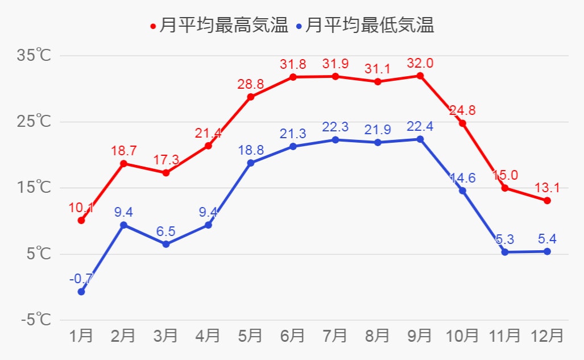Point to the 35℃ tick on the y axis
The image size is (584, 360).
35,56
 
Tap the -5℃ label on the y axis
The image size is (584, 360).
35,320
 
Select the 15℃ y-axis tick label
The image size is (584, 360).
35,188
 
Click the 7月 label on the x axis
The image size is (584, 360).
335,336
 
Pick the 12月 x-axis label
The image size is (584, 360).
547,336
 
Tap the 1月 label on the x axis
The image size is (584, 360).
81,336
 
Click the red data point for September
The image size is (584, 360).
420,76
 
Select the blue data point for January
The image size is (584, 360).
81,292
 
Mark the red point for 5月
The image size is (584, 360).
251,97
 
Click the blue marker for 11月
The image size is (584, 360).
504,252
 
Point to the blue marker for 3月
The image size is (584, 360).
166,244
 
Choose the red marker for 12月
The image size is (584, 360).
547,200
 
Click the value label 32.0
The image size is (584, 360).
420,63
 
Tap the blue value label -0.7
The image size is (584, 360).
81,279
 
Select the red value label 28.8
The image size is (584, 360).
251,84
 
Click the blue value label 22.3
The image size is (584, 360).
336,127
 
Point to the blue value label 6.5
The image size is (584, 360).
166,231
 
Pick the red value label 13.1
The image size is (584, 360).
547,188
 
